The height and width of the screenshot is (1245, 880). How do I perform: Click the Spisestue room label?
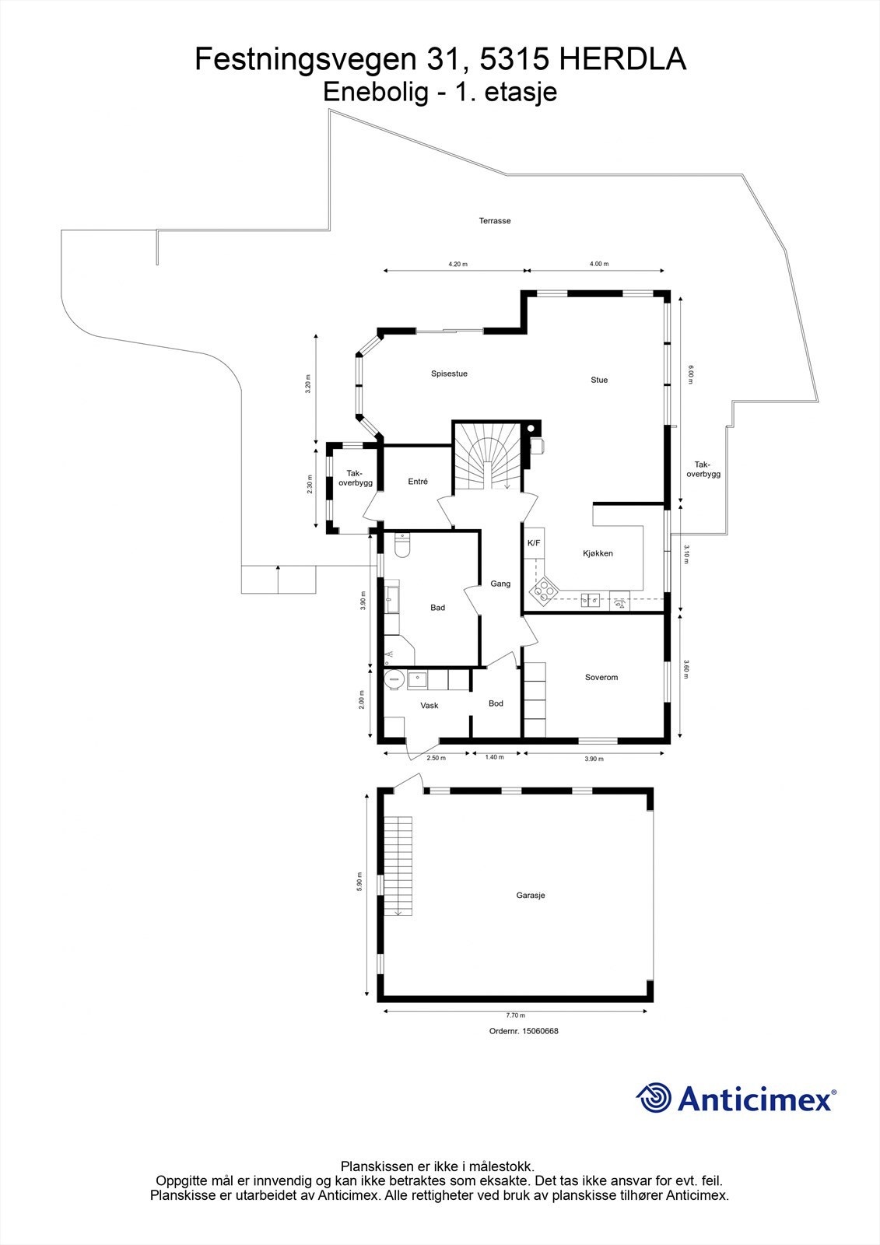449,373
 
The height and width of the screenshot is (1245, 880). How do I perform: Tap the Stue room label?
598,380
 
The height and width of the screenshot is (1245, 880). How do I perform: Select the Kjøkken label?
598,553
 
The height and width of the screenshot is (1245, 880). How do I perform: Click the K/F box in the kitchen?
534,543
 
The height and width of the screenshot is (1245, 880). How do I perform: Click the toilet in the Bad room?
401,546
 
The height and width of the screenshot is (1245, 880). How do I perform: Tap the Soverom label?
601,677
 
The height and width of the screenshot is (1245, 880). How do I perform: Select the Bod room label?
496,703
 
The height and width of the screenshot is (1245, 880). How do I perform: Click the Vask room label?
429,706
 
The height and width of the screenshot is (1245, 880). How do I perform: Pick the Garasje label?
530,896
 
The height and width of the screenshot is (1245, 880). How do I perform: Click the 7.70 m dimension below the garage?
515,1015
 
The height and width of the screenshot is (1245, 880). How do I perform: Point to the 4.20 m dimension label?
458,265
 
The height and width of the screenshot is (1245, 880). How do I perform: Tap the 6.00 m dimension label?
689,375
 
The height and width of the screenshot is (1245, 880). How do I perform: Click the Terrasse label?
494,221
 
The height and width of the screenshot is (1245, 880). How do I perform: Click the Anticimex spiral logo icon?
654,1098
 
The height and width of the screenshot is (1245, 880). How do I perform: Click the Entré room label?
418,482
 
